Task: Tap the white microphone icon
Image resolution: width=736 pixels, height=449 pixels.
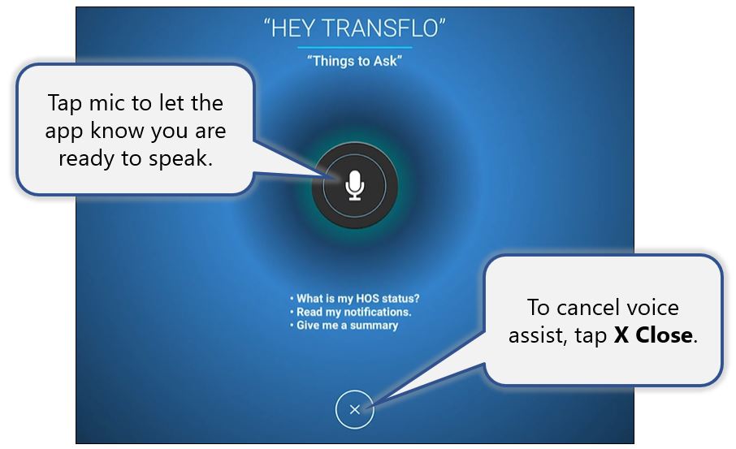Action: [354, 185]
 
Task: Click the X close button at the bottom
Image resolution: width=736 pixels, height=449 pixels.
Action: [354, 409]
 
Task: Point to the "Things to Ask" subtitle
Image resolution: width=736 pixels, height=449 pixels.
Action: [354, 61]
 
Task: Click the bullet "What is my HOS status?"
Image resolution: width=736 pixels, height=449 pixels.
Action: [354, 299]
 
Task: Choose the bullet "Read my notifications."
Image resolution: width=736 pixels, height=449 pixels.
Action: [351, 312]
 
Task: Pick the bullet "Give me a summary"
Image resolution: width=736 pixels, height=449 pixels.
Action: [344, 325]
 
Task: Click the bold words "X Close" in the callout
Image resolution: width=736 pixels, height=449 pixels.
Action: [653, 335]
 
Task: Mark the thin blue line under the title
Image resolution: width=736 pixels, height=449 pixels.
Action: [354, 47]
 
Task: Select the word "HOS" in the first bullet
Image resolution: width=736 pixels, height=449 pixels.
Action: [367, 299]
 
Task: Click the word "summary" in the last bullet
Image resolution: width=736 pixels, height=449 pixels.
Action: [374, 326]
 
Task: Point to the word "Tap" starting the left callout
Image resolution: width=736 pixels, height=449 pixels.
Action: [65, 104]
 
